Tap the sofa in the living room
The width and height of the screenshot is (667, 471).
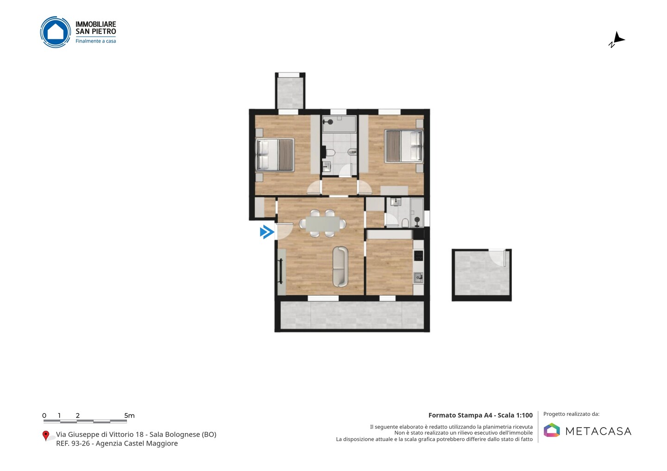(x=340, y=266)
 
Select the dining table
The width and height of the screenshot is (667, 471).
(x=322, y=223)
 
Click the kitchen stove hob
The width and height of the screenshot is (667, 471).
(x=418, y=255)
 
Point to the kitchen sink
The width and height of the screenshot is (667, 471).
(x=418, y=278)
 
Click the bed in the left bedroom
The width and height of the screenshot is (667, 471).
(x=275, y=155)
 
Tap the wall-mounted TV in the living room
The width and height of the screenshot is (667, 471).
(x=281, y=271)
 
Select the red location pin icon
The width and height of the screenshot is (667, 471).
(x=45, y=436)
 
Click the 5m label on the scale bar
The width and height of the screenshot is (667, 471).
(x=130, y=415)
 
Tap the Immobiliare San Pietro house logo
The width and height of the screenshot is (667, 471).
(x=56, y=32)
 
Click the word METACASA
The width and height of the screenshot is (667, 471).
(x=598, y=431)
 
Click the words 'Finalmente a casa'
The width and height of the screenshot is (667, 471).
(x=95, y=41)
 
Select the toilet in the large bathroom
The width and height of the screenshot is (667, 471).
(x=330, y=153)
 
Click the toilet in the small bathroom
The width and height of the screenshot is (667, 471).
(x=405, y=223)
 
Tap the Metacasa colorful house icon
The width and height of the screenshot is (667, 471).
(x=552, y=430)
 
